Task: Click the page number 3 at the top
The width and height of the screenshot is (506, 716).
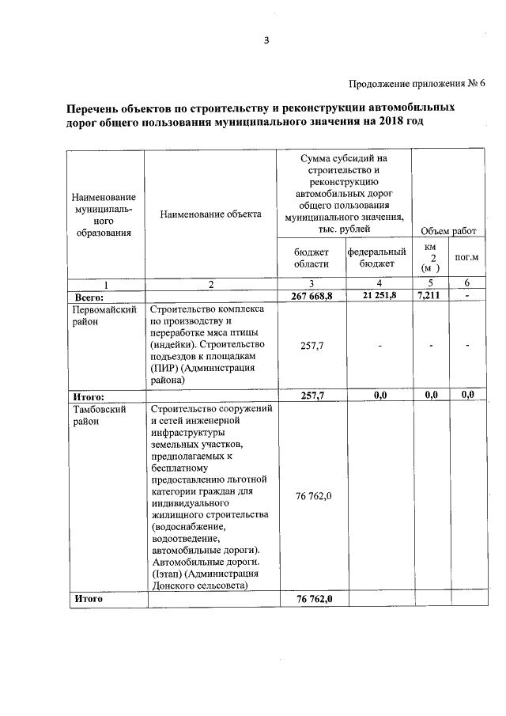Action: point(266,41)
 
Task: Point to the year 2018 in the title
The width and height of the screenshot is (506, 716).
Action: point(395,123)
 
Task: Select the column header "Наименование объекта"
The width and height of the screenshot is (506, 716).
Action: point(210,214)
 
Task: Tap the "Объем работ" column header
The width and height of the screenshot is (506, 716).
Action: point(448,230)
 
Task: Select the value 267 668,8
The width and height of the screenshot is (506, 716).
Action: point(311,296)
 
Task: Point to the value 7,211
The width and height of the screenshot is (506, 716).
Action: point(430,295)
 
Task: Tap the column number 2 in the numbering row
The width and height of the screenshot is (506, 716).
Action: point(210,284)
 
